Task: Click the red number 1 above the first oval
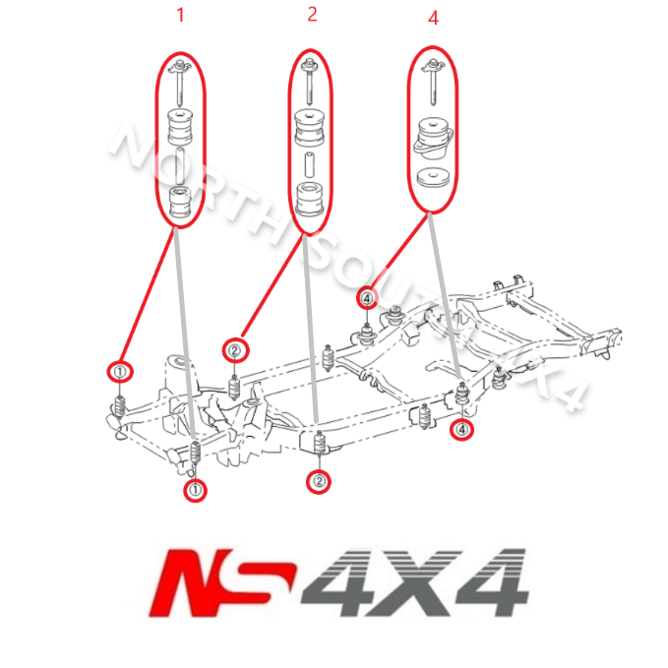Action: pos(180,15)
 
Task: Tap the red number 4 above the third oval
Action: pos(433,18)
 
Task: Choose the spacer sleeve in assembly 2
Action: pos(311,163)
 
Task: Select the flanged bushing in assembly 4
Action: pos(433,137)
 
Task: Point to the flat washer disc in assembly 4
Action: pos(433,179)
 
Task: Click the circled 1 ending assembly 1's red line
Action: pos(119,372)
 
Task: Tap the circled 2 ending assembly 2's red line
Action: pos(235,349)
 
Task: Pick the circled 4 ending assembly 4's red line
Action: pos(367,296)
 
